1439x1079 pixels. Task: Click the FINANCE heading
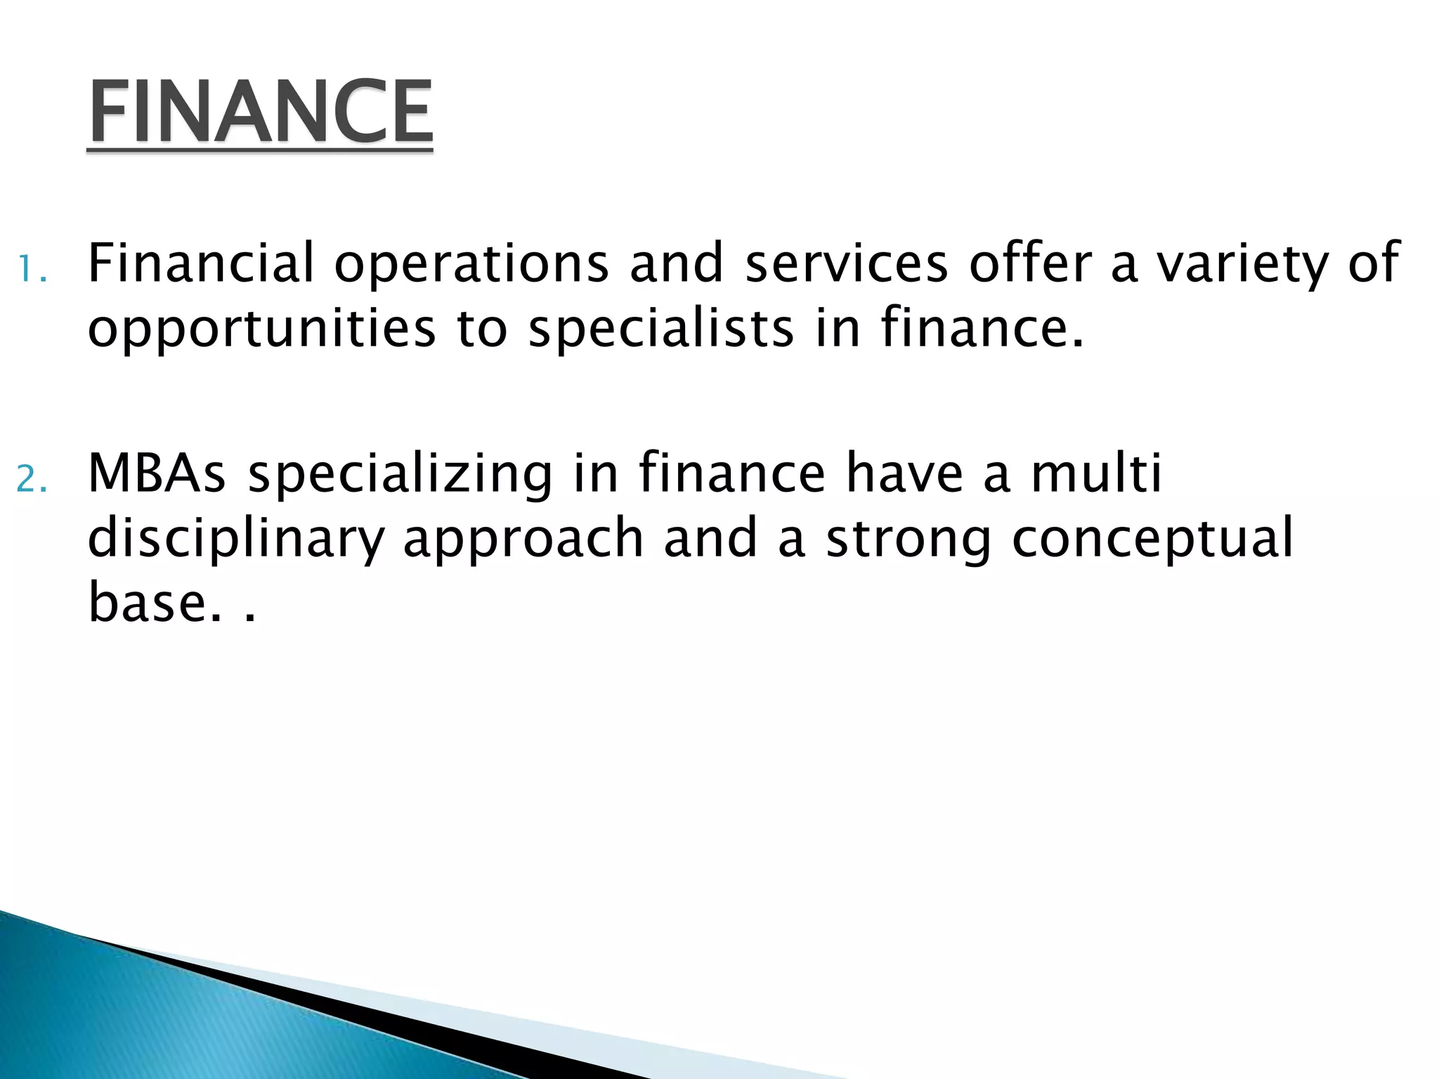point(260,112)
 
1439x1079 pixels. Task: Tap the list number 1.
point(31,269)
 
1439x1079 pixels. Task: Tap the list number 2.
point(32,480)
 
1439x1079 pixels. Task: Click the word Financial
point(200,263)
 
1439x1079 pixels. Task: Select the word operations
point(471,264)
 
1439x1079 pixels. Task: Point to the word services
point(846,263)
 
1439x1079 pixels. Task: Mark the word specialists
point(661,329)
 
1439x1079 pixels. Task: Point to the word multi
point(1096,473)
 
